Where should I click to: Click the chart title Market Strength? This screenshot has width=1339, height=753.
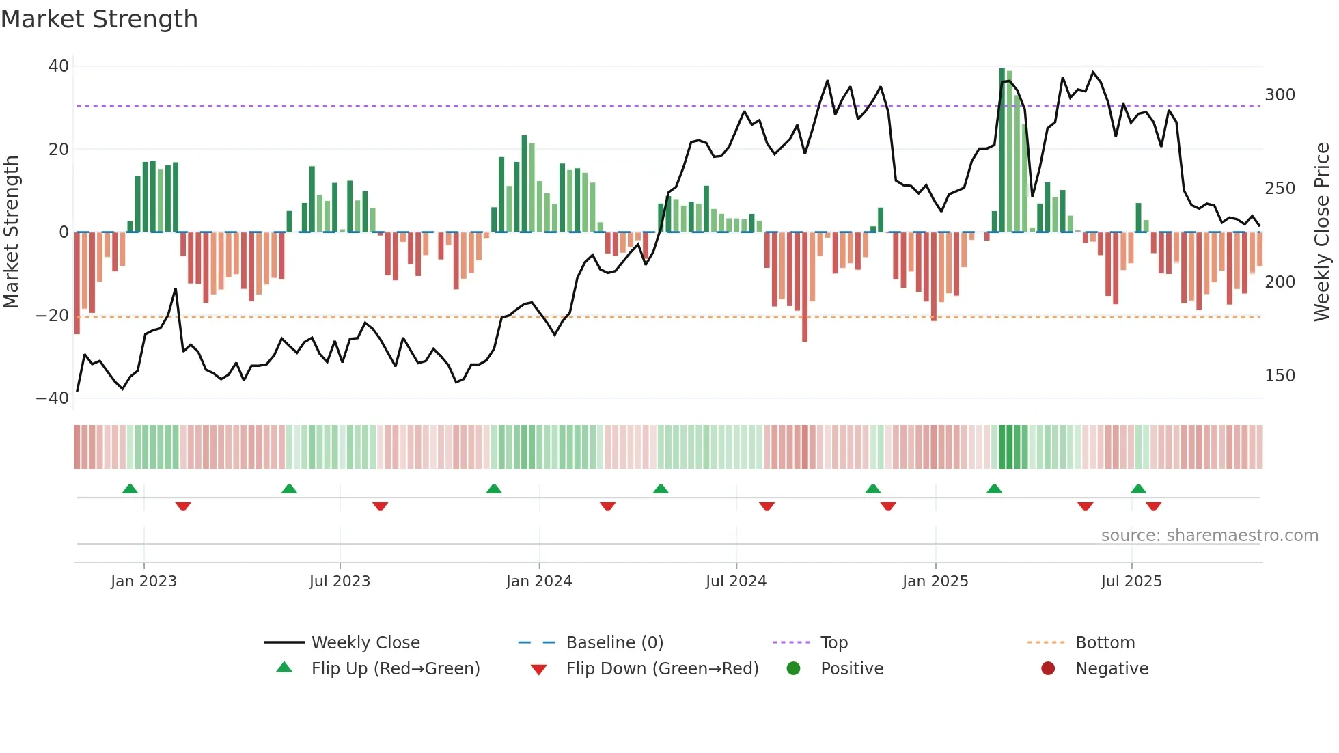(99, 19)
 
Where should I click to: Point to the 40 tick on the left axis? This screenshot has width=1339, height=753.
(59, 66)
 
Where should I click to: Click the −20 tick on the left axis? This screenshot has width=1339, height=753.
(53, 316)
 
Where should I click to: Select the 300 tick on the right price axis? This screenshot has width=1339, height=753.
(1280, 95)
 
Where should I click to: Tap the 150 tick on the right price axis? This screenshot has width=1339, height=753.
(1280, 376)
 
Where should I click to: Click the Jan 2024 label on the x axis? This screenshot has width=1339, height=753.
(538, 581)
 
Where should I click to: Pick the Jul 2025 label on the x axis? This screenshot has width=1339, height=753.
(1131, 581)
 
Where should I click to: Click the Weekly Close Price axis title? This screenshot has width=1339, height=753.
(1322, 232)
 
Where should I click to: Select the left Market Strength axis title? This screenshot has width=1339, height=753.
(12, 232)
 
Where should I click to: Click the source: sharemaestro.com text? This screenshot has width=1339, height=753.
(1209, 536)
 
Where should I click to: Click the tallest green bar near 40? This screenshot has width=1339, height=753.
(1002, 150)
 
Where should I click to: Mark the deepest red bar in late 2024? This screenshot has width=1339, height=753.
(805, 287)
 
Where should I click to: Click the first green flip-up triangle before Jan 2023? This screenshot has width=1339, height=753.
(130, 489)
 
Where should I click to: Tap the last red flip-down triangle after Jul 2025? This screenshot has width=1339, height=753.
(1153, 506)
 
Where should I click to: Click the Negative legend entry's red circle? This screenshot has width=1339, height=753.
(1047, 669)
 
